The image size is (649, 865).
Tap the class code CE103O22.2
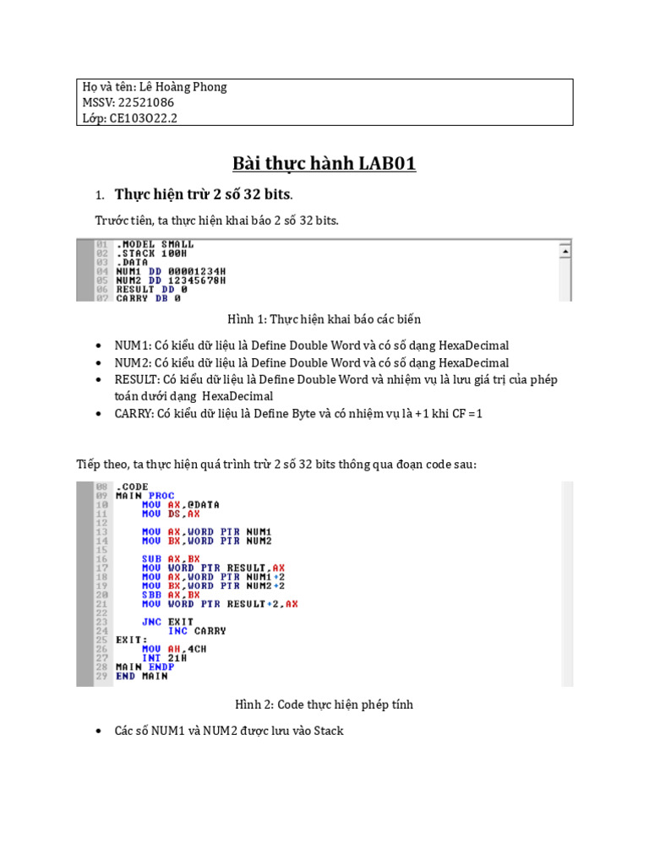pyautogui.click(x=143, y=118)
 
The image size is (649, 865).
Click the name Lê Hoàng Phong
pyautogui.click(x=183, y=87)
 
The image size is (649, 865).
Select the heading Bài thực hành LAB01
pyautogui.click(x=324, y=163)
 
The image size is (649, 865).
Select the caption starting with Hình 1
pyautogui.click(x=324, y=319)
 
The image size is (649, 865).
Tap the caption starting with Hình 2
pyautogui.click(x=324, y=705)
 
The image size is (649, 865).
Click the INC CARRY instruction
pyautogui.click(x=197, y=630)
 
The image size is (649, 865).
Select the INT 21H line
pyautogui.click(x=164, y=657)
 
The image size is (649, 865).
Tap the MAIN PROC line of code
pyautogui.click(x=145, y=496)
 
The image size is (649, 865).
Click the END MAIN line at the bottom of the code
pyautogui.click(x=141, y=676)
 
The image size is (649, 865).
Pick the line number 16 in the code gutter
pyautogui.click(x=101, y=558)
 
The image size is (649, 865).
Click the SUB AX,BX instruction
pyautogui.click(x=172, y=558)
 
